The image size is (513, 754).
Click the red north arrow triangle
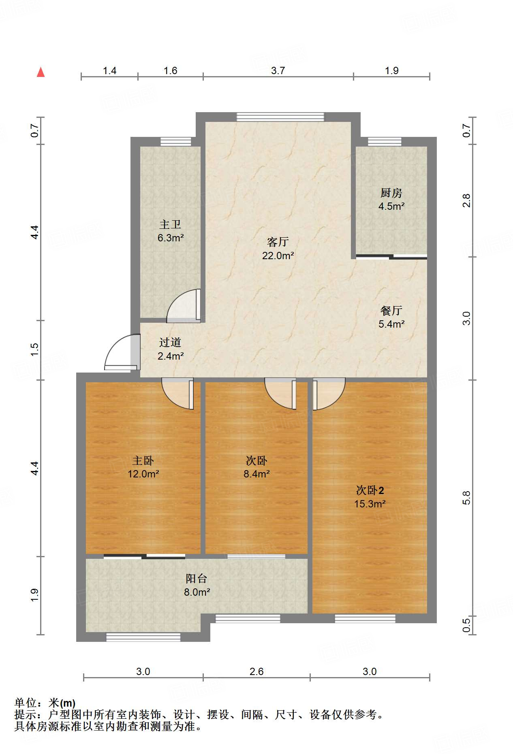tap(41, 72)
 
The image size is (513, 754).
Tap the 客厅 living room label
tap(278, 242)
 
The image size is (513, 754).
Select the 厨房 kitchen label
tap(391, 193)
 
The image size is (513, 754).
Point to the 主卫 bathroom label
tap(170, 224)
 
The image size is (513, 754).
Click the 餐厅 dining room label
tap(391, 311)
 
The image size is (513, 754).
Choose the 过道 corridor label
tap(170, 343)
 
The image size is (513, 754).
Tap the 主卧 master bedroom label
tap(143, 460)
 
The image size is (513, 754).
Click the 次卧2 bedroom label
tap(370, 490)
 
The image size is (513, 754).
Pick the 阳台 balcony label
tap(197, 579)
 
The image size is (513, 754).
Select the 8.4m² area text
tap(256, 474)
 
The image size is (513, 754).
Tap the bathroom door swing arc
tap(183, 306)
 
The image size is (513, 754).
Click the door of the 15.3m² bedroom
tap(329, 394)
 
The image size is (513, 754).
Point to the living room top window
tap(280, 117)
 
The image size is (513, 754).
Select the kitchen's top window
tap(385, 142)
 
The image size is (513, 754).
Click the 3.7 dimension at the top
tap(278, 71)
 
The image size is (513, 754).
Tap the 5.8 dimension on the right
tap(467, 498)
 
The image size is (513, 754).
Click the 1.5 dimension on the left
tap(34, 350)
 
